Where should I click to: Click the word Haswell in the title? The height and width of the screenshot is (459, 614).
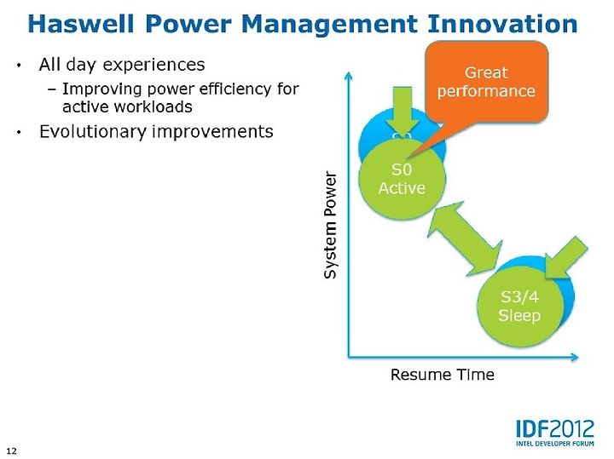pos(81,24)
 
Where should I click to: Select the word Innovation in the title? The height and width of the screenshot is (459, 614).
pos(502,24)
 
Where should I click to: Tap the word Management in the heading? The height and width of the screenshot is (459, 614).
pos(329,25)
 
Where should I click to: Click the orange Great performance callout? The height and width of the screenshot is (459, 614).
pos(486,82)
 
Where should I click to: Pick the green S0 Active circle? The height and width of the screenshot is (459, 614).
pos(402,180)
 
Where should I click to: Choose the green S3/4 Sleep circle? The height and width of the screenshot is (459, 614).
pos(520,306)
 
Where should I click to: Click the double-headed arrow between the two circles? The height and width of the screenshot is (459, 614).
pos(465,238)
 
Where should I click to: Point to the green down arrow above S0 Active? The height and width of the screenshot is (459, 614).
pos(403,112)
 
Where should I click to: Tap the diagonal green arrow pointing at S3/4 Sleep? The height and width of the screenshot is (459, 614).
pos(565,258)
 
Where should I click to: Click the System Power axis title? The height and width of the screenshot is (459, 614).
pos(330,225)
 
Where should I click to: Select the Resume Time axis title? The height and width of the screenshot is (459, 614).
pos(442,375)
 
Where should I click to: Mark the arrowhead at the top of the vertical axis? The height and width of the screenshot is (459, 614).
pos(349,75)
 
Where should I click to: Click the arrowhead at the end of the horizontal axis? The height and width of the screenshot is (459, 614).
pos(574,357)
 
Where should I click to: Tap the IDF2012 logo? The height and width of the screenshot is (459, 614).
pos(555,433)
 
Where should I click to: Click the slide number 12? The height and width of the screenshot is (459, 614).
pos(12,450)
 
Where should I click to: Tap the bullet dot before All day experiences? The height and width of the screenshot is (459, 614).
pos(19,66)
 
